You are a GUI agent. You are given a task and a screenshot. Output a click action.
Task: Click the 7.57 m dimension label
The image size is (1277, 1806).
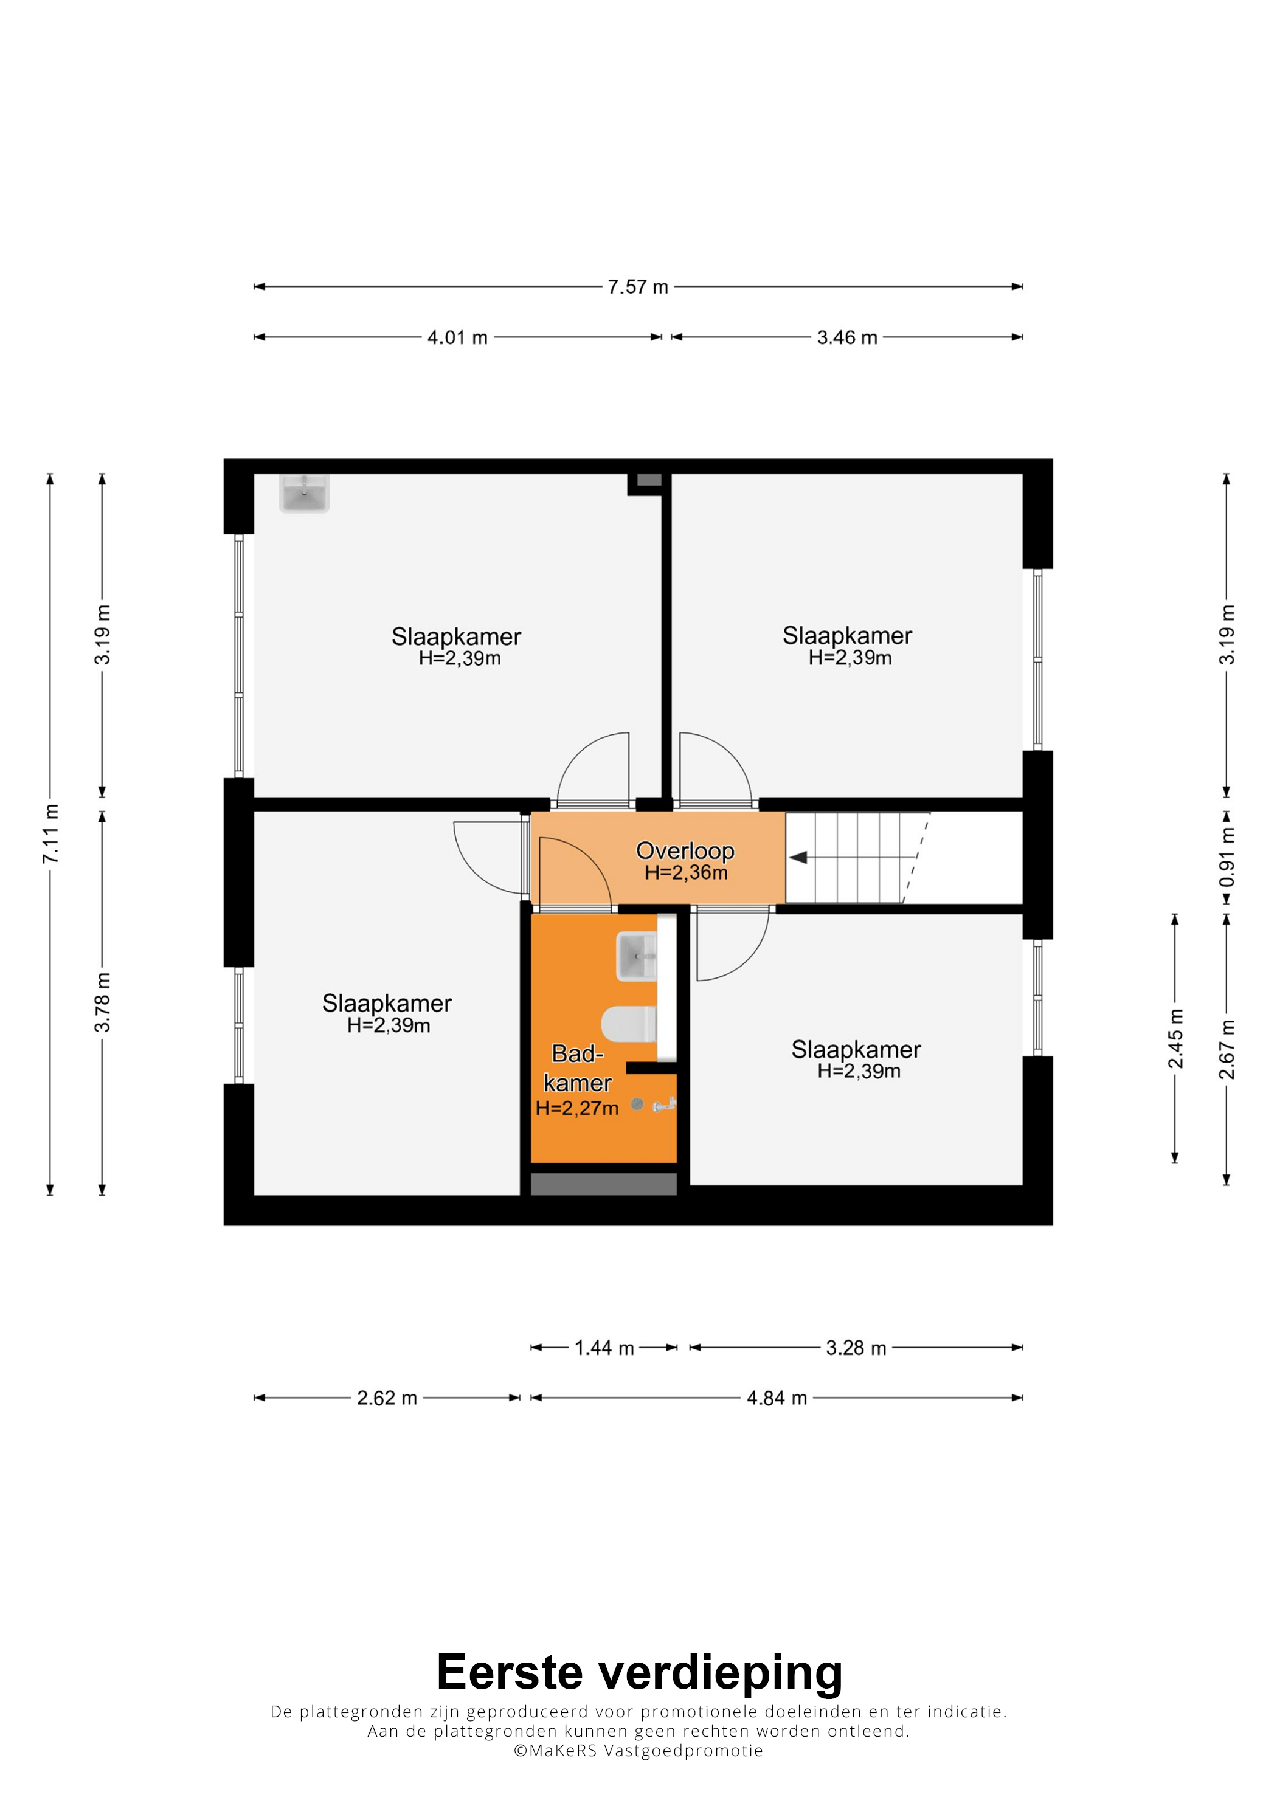coord(637,287)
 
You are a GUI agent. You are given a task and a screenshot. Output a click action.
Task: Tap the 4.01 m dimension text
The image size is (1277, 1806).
coord(457,337)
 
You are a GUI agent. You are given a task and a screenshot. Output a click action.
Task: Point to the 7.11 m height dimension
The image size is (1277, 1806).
coord(50,834)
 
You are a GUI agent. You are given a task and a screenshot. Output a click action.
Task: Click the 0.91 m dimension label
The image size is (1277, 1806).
coord(1227,856)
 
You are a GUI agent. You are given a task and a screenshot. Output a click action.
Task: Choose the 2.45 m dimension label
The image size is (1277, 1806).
coord(1175,1038)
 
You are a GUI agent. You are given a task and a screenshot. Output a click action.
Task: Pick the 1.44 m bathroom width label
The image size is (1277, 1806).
coord(604,1348)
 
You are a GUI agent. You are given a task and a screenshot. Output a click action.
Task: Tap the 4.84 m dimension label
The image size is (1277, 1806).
coord(777,1398)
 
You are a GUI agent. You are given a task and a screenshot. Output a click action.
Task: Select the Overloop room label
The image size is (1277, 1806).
coord(685,850)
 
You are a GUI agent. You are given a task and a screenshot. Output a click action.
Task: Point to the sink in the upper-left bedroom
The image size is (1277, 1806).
coord(305,493)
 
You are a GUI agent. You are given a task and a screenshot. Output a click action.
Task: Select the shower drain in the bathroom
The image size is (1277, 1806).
coord(637,1105)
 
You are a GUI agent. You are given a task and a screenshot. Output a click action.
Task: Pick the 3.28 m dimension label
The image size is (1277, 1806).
coord(856,1348)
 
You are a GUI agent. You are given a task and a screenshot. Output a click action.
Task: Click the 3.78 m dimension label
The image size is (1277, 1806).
coord(102,1002)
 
